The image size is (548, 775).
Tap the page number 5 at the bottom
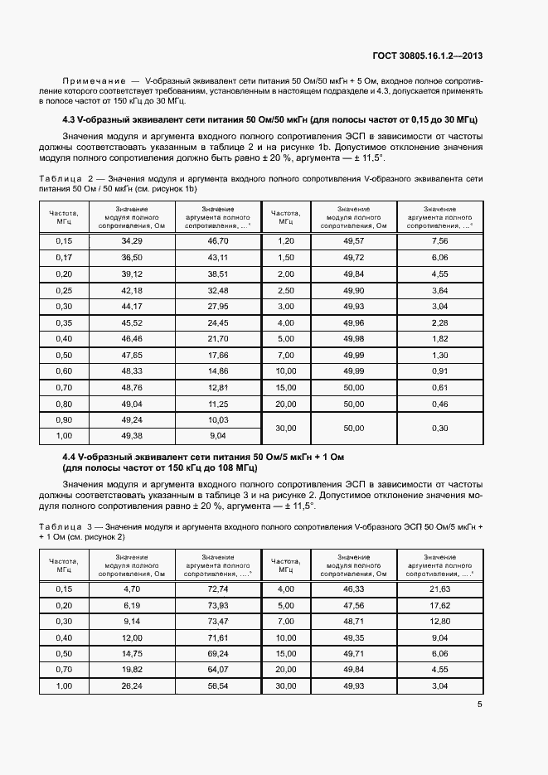click(x=480, y=705)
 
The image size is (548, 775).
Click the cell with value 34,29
click(x=132, y=240)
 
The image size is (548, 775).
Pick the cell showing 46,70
click(x=218, y=240)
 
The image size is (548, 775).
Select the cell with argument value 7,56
click(x=440, y=240)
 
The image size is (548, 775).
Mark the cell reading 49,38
click(x=132, y=435)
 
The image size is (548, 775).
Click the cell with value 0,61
click(x=440, y=387)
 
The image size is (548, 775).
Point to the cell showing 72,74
click(x=218, y=589)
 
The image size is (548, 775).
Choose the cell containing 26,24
click(x=132, y=686)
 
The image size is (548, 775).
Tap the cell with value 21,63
click(x=440, y=589)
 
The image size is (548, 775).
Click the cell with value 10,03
click(x=218, y=419)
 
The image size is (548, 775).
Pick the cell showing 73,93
click(x=218, y=605)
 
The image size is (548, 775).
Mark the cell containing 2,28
click(x=440, y=322)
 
